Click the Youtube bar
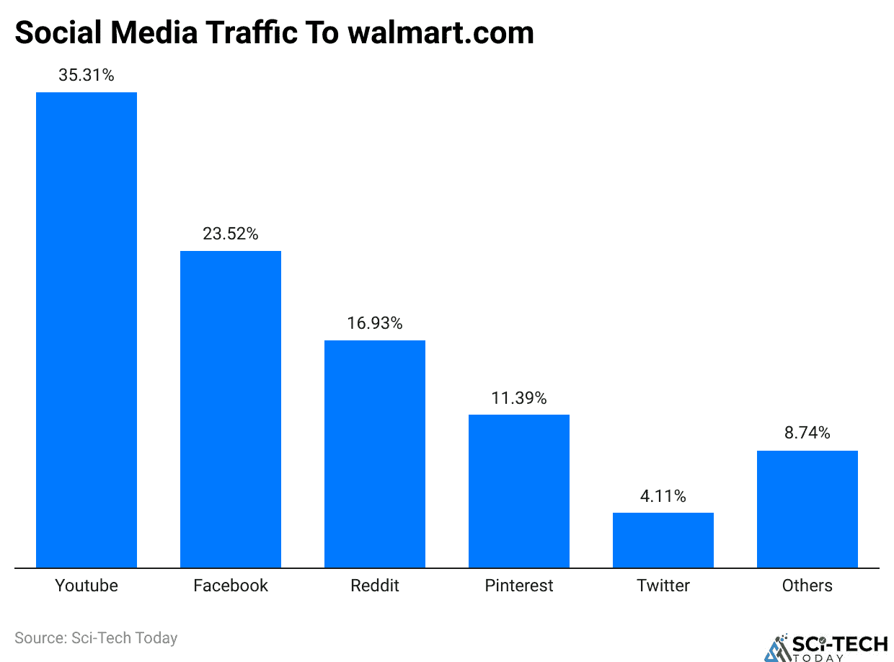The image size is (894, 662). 87,330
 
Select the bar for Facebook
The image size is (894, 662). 231,409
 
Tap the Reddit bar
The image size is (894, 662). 375,454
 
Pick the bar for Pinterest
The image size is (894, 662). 519,491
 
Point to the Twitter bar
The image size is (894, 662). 663,540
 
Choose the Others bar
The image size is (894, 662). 807,509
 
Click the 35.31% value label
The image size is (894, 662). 87,75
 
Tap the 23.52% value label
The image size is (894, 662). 231,234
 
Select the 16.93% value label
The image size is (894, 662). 375,323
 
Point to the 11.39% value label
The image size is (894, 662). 519,397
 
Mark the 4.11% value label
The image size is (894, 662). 663,496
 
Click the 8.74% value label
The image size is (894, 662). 807,433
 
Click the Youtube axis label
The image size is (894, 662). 87,586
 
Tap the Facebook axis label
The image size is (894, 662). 231,586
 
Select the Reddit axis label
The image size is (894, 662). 375,586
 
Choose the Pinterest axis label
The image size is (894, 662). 519,586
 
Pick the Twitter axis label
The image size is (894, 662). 663,586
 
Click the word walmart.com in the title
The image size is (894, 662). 441,33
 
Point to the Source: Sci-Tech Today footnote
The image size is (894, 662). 96,638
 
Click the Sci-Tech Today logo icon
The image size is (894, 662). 777,647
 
